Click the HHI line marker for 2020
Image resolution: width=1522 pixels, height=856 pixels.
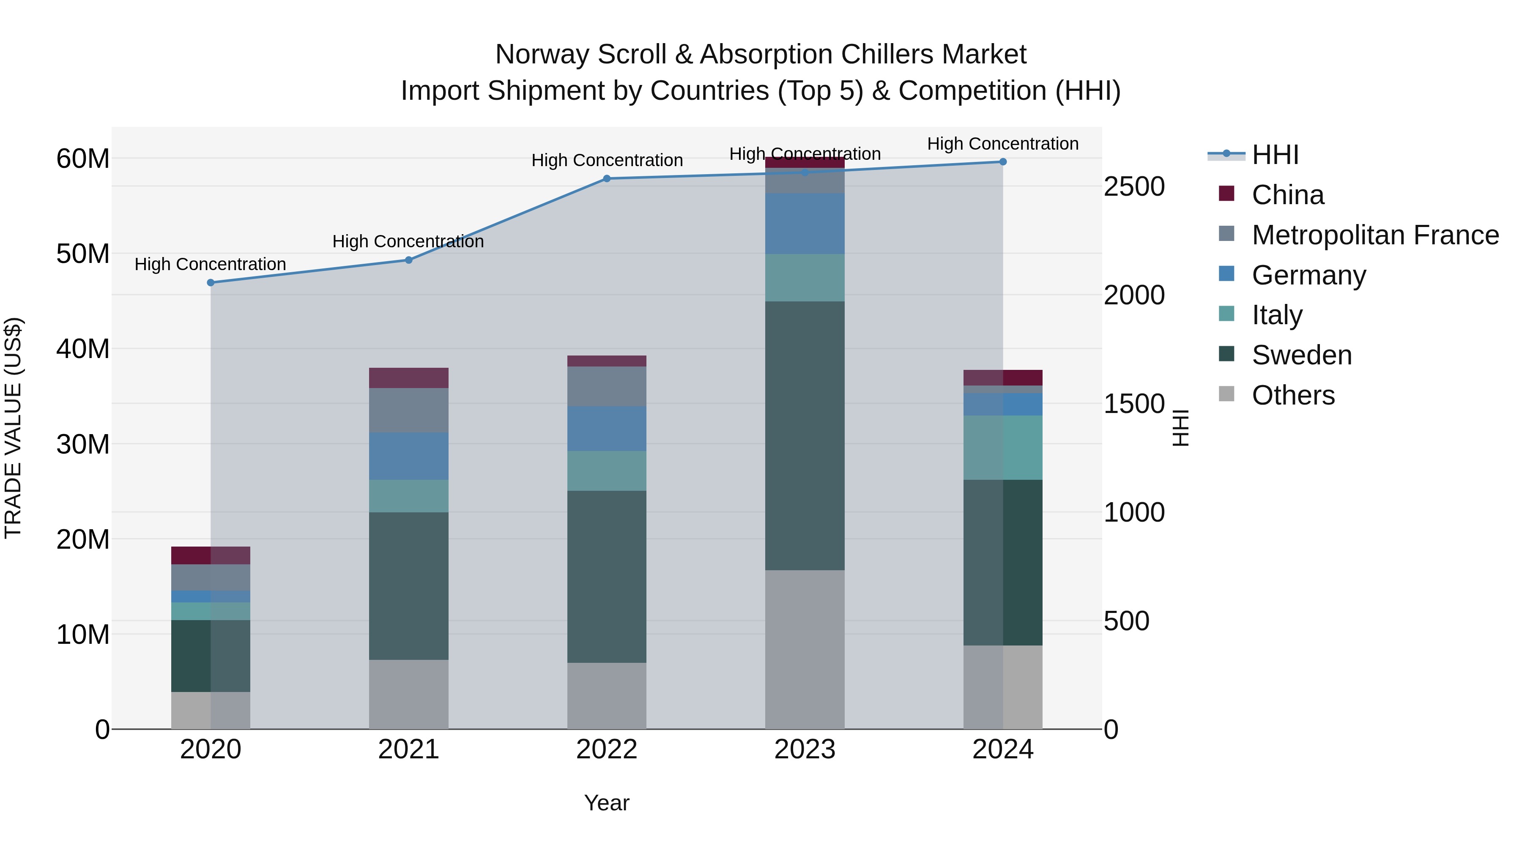pyautogui.click(x=211, y=282)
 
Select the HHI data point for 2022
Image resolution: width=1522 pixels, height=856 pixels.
pyautogui.click(x=607, y=178)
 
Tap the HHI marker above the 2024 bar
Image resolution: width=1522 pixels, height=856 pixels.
pyautogui.click(x=1003, y=161)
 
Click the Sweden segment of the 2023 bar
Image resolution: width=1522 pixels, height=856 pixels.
pyautogui.click(x=805, y=435)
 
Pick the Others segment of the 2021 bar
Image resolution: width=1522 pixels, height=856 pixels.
pyautogui.click(x=408, y=694)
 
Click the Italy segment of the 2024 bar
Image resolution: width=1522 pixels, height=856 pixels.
pyautogui.click(x=1003, y=447)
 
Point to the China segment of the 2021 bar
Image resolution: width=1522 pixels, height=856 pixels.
pyautogui.click(x=408, y=377)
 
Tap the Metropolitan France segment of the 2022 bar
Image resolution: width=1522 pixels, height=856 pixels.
pyautogui.click(x=607, y=386)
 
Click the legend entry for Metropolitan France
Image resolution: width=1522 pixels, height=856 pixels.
pyautogui.click(x=1375, y=235)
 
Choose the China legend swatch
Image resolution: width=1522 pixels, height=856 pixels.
pyautogui.click(x=1226, y=194)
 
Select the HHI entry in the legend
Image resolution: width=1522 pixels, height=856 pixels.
pyautogui.click(x=1275, y=155)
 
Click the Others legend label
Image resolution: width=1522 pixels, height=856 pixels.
pyautogui.click(x=1293, y=395)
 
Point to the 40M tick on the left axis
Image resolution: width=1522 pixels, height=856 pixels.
pyautogui.click(x=83, y=349)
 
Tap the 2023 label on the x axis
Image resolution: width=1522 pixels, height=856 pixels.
pyautogui.click(x=805, y=749)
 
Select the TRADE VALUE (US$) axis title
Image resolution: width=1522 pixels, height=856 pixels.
pyautogui.click(x=13, y=428)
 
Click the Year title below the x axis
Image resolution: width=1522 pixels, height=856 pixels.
pyautogui.click(x=607, y=803)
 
